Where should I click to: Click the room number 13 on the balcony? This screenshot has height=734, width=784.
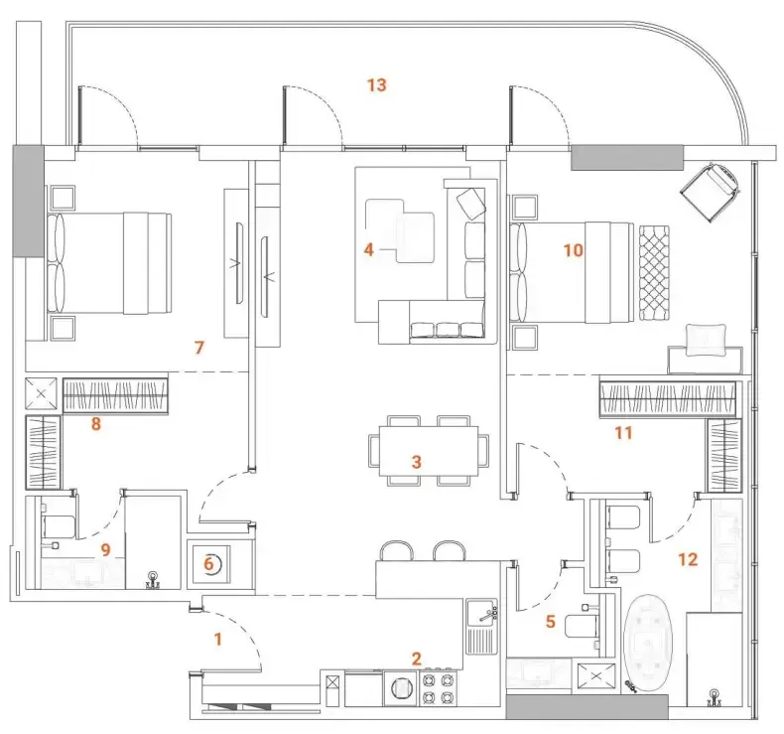[377, 85]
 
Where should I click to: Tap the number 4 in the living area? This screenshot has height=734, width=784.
[369, 249]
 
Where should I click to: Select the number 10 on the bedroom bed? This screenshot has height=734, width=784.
[573, 250]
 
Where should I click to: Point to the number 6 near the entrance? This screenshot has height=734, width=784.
[208, 564]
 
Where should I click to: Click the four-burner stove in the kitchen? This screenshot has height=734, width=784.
[439, 688]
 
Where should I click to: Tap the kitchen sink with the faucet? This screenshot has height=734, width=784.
[482, 627]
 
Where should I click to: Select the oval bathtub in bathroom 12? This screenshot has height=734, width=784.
[647, 643]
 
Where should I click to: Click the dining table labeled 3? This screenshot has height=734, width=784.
[429, 451]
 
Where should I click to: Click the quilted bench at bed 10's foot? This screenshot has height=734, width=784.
[654, 273]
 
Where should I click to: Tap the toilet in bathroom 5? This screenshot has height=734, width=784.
[582, 626]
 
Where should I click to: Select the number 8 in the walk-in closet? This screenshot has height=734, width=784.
[96, 424]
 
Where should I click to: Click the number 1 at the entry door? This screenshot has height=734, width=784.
[217, 639]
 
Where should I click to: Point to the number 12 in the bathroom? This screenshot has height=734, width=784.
[688, 559]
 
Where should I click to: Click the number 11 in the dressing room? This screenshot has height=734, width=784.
[623, 432]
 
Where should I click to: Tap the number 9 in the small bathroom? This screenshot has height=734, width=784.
[105, 550]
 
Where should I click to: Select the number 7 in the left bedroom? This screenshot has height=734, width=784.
[199, 348]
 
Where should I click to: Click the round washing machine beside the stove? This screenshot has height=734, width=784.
[401, 688]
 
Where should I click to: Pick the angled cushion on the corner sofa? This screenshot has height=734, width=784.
[471, 204]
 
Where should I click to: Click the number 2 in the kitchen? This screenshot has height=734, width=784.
[417, 659]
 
